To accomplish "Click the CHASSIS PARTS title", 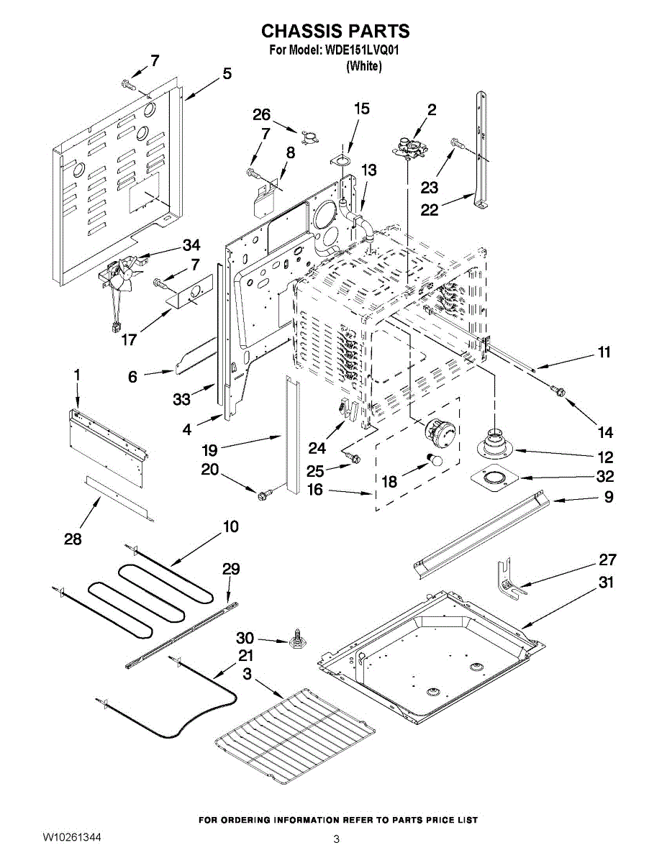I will pos(335,31).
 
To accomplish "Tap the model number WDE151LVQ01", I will pos(363,51).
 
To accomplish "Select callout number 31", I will pos(607,583).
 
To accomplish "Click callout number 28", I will pos(73,539).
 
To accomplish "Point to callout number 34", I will pos(191,245).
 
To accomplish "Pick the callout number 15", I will pos(361,109).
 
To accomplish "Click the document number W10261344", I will pos(71,838).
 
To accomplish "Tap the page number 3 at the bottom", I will pos(335,839).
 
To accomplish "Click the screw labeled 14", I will pos(556,390).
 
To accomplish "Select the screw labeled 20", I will pos(263,494).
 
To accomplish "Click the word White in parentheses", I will pos(363,66).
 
